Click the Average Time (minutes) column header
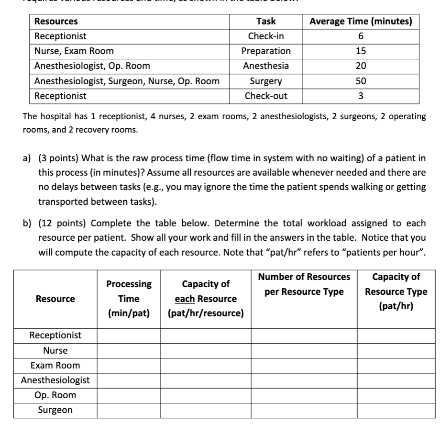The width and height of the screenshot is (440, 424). point(361,21)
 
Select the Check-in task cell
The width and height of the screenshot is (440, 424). point(266,36)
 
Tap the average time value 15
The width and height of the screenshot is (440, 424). point(361,51)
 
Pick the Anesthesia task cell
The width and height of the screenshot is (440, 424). point(266,66)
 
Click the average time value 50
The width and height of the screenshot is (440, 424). point(361,81)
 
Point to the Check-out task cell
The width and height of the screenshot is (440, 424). point(266,96)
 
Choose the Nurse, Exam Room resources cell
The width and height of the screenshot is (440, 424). point(74,51)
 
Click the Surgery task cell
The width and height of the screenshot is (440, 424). point(266,81)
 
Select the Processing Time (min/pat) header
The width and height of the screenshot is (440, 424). point(129,299)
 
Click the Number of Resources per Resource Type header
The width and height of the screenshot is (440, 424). point(304,284)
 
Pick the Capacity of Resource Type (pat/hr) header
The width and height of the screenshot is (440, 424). point(396,291)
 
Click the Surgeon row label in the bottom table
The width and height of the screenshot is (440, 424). point(55,410)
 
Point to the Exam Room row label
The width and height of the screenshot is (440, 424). point(55,365)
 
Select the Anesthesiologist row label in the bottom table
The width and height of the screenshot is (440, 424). point(55,380)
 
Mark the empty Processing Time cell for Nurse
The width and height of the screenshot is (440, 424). point(129,350)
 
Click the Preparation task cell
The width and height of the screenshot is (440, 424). point(266,51)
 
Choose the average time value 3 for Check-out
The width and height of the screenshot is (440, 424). point(361,96)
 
